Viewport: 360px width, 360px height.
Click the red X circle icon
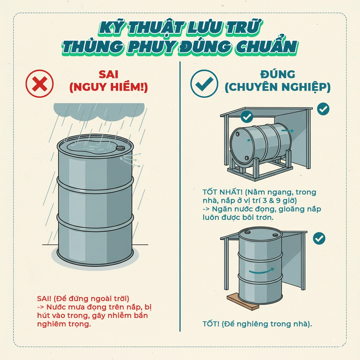pos(40,84)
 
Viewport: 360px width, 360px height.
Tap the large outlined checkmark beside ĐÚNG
pos(204,84)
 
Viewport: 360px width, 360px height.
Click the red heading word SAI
pos(108,75)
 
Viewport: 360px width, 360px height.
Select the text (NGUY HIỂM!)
pos(108,88)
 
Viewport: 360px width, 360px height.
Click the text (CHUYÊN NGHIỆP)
pos(277,88)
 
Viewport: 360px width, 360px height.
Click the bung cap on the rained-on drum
pos(121,148)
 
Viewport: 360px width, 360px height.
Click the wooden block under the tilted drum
pos(243,302)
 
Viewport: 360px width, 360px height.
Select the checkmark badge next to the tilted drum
pos(319,238)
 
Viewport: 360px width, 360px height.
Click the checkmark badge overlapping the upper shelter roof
pos(247,116)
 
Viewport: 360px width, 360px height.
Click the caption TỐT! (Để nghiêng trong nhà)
pos(257,324)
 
